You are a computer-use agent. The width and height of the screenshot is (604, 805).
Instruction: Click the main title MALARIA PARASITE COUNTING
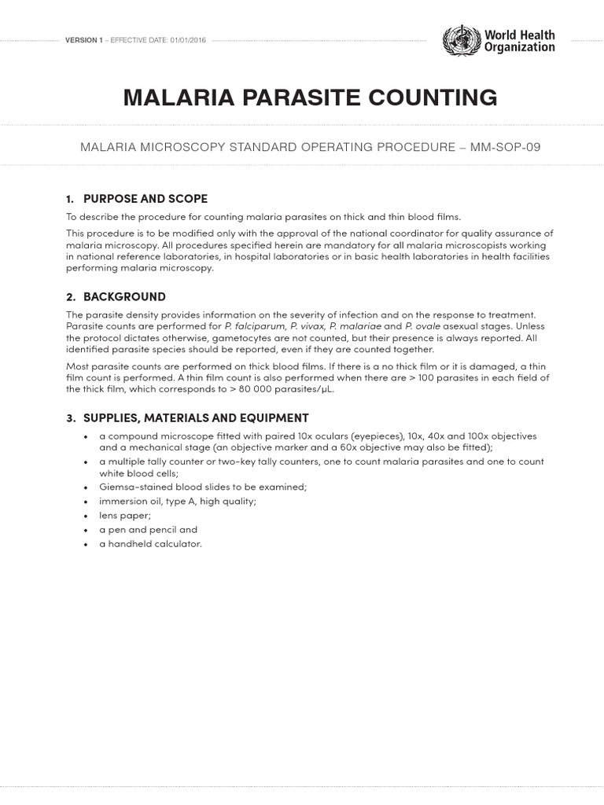coord(310,97)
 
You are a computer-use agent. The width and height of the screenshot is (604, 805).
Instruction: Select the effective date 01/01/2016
coord(188,40)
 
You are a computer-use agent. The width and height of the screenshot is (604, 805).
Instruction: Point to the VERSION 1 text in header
coord(83,40)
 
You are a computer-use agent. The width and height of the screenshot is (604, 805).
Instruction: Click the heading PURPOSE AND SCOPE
coord(145,198)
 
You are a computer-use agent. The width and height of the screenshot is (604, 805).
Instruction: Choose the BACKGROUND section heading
coord(124,296)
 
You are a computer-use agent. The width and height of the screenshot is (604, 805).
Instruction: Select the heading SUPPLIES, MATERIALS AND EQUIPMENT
coord(196,417)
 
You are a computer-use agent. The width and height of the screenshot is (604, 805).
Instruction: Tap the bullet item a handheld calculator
coord(150,543)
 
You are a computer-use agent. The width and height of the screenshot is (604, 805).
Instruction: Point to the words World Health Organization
coord(519,41)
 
